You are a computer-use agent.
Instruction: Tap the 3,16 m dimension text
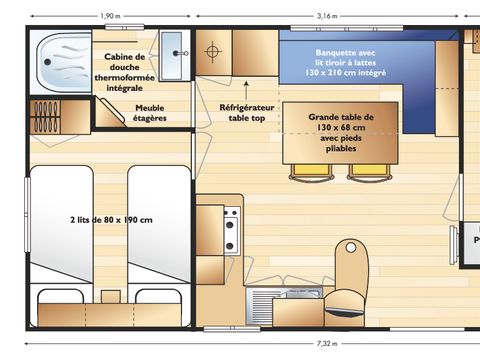click(326, 15)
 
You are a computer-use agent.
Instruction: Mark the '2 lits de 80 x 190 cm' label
click(110, 219)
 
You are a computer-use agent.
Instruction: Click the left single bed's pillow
click(60, 297)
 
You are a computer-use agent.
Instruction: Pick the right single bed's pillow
click(157, 297)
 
